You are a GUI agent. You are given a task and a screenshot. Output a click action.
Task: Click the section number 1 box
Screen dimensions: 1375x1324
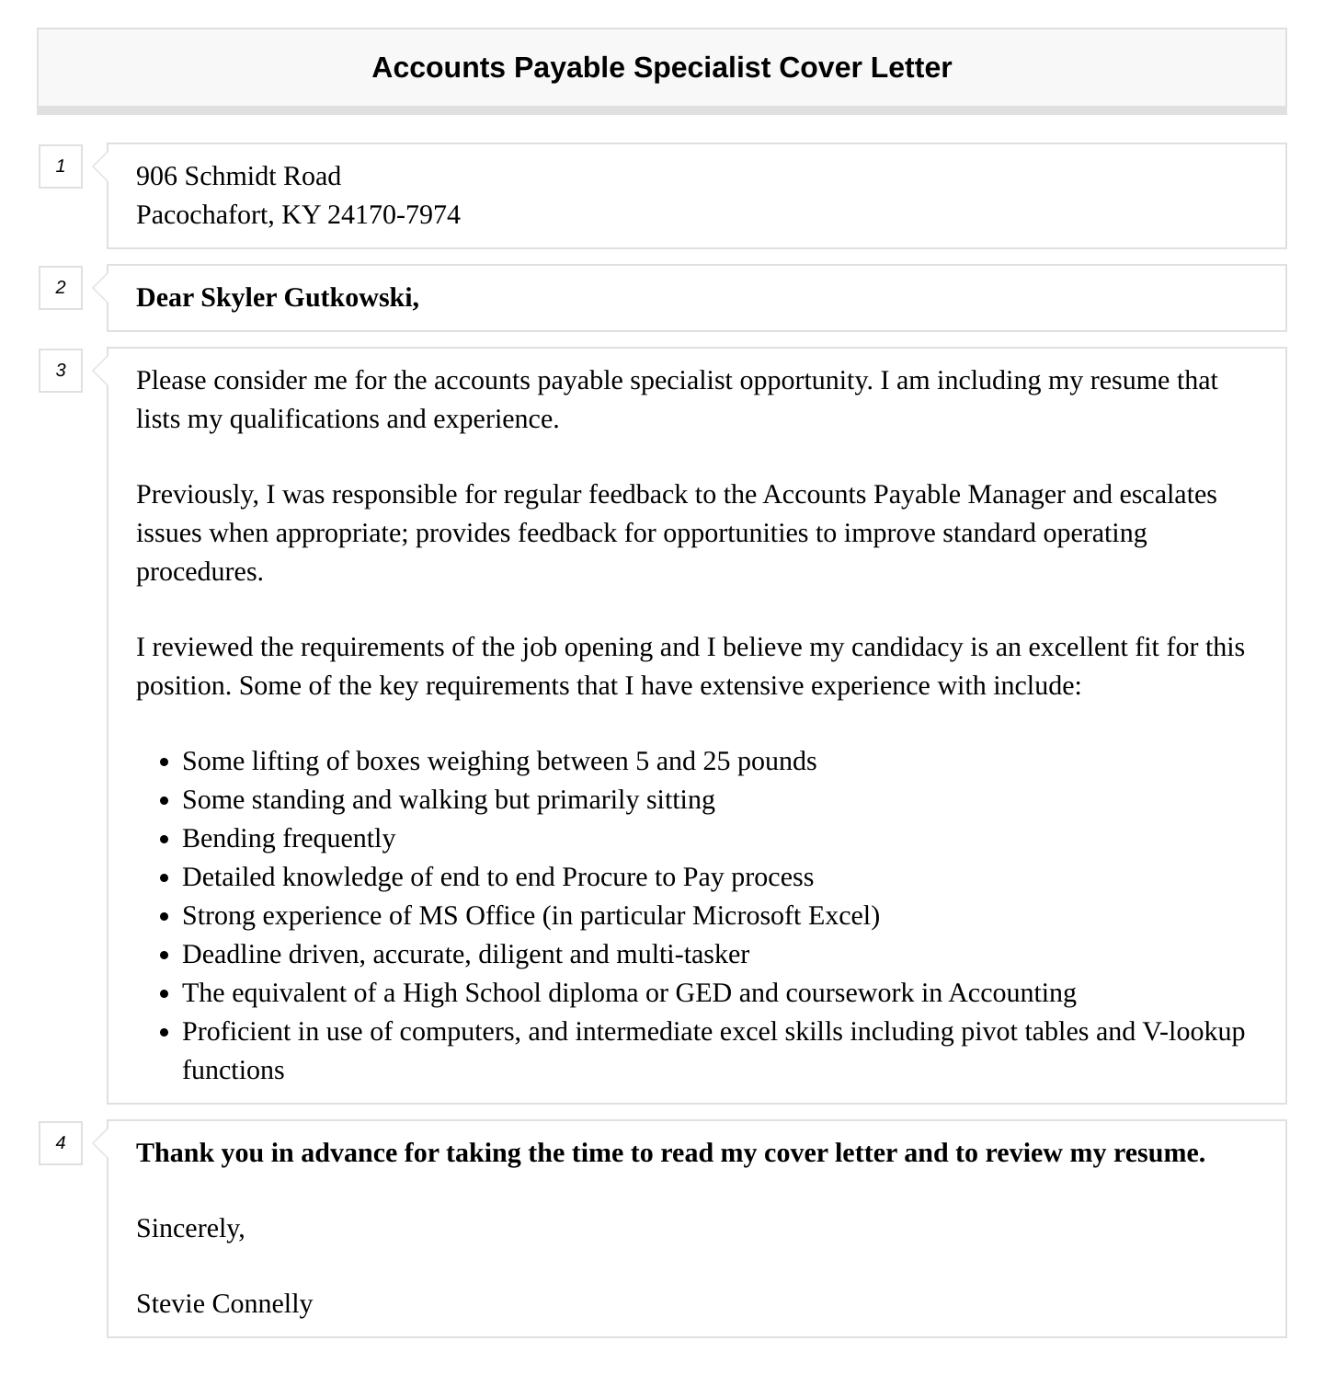pyautogui.click(x=61, y=166)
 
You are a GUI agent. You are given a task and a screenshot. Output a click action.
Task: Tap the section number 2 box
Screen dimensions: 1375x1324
pyautogui.click(x=61, y=288)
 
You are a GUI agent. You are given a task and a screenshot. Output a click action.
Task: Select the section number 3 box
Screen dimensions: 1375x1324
pyautogui.click(x=61, y=371)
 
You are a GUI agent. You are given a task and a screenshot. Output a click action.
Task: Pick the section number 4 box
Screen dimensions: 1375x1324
pyautogui.click(x=61, y=1143)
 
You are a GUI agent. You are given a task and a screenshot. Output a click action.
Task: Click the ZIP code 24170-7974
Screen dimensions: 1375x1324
pyautogui.click(x=394, y=214)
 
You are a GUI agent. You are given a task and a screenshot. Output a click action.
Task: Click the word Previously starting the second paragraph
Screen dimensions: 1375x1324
pyautogui.click(x=197, y=495)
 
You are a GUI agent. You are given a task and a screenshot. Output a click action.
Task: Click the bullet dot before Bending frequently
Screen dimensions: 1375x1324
pyautogui.click(x=164, y=840)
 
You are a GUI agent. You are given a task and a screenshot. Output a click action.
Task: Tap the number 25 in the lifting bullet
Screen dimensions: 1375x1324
pyautogui.click(x=715, y=762)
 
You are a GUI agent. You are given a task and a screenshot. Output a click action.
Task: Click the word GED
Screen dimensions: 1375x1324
pyautogui.click(x=703, y=993)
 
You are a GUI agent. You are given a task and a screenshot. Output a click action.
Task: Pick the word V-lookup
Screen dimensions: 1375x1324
pyautogui.click(x=1193, y=1032)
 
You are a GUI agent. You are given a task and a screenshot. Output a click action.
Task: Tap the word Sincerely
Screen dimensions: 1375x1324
pyautogui.click(x=190, y=1229)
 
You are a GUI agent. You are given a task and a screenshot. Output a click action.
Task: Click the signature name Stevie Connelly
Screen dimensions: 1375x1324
pyautogui.click(x=224, y=1304)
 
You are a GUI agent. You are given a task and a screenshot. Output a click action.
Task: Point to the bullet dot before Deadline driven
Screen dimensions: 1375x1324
pyautogui.click(x=164, y=956)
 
